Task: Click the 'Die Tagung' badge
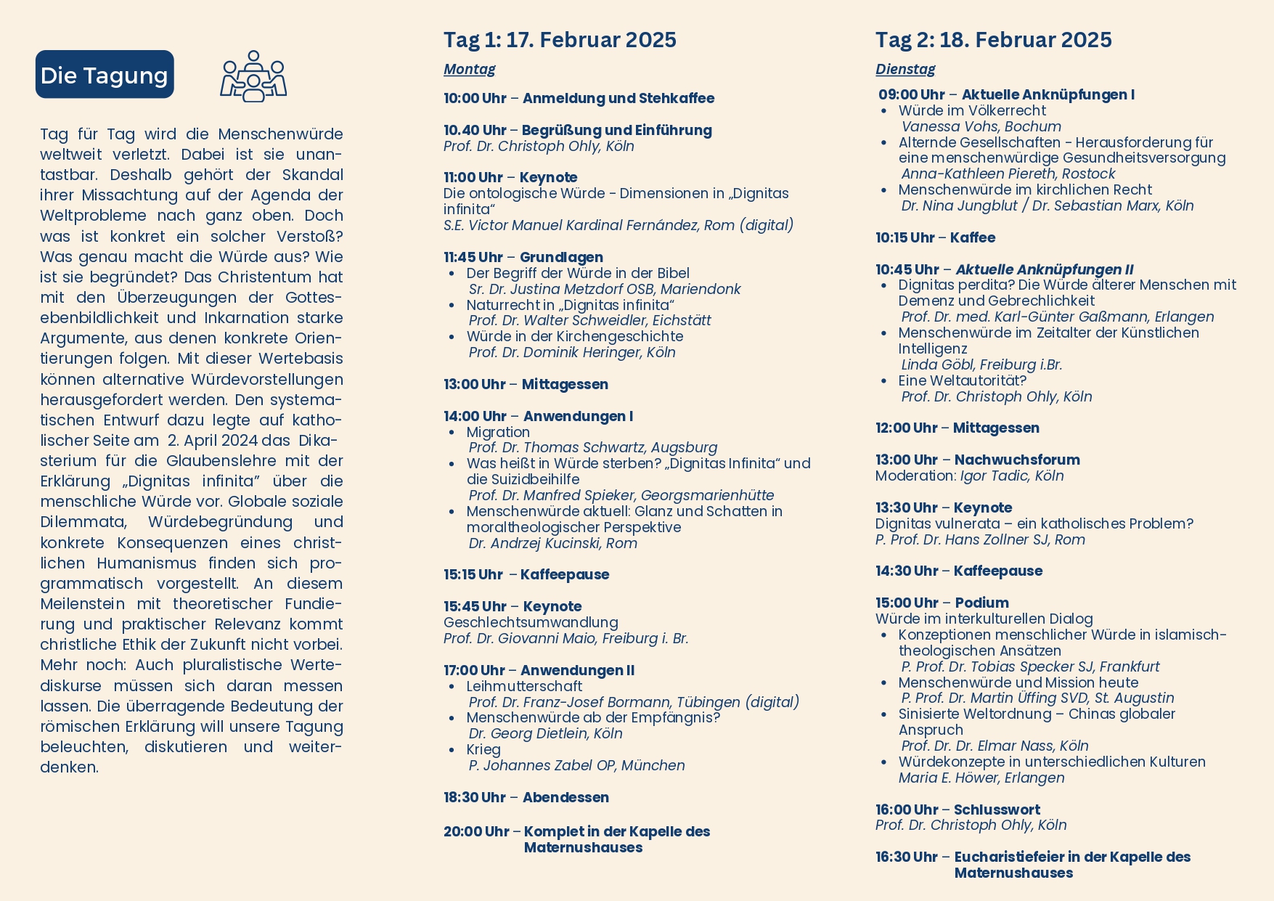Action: (x=105, y=75)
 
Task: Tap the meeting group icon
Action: (x=253, y=76)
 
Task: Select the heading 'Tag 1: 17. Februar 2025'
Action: (x=560, y=40)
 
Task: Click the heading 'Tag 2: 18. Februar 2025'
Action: (x=993, y=40)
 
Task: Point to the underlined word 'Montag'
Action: (x=469, y=69)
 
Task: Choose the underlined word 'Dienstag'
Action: (x=905, y=69)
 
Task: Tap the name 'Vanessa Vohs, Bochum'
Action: (x=981, y=126)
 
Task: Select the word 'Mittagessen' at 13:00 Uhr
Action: (x=565, y=384)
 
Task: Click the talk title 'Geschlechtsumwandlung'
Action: (x=531, y=622)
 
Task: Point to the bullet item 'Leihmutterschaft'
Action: (x=524, y=686)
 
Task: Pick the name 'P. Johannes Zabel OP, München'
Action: (x=576, y=765)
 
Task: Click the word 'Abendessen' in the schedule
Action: (x=565, y=797)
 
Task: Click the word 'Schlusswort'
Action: (x=996, y=810)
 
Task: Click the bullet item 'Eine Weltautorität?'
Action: (x=962, y=380)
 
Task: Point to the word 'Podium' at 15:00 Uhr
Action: (x=981, y=603)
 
